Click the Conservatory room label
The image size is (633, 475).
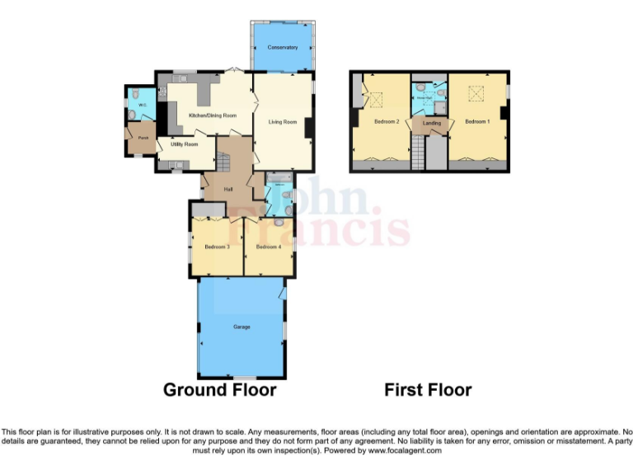tap(282, 48)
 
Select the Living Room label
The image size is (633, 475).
tap(282, 122)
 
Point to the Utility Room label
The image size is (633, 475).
tap(184, 144)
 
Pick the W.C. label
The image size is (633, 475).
tap(142, 106)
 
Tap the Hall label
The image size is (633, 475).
tap(228, 190)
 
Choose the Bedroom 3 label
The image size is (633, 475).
tap(217, 247)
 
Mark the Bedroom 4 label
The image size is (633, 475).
tap(269, 247)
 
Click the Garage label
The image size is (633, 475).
tap(241, 327)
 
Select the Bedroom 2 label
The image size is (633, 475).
tap(387, 122)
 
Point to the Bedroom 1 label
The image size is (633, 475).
tap(476, 122)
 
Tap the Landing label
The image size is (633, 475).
tap(431, 124)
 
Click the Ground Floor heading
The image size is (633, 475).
tap(219, 389)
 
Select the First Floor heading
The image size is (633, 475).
tap(428, 389)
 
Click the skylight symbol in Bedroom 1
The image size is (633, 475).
tap(476, 95)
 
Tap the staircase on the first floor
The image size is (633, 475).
tap(420, 152)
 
